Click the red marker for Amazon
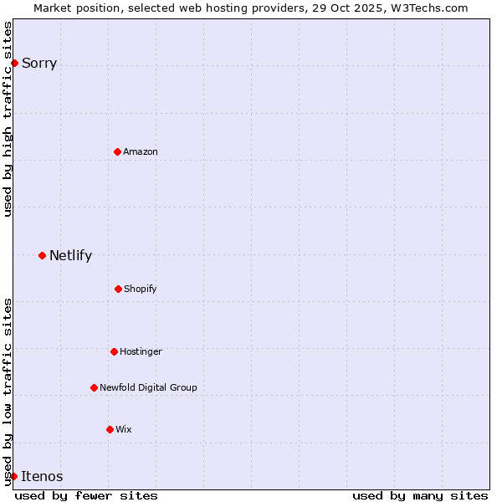coord(117,151)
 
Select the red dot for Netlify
coord(42,255)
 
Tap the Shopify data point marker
coord(118,289)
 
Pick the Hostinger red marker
coord(114,351)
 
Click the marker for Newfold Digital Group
coord(94,387)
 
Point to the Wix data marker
coord(110,429)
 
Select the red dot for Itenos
coord(13,476)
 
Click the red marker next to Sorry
coord(14,63)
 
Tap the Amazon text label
coord(141,151)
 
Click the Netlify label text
coord(70,255)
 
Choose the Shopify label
coord(141,289)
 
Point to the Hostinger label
coord(141,351)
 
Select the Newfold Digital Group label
coord(148,387)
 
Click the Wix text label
coord(124,429)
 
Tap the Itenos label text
coord(42,476)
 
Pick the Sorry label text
coord(39,63)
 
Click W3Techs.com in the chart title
coord(428,8)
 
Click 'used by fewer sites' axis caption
coord(86,495)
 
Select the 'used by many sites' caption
coord(420,495)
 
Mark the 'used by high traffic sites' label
coord(8,119)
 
